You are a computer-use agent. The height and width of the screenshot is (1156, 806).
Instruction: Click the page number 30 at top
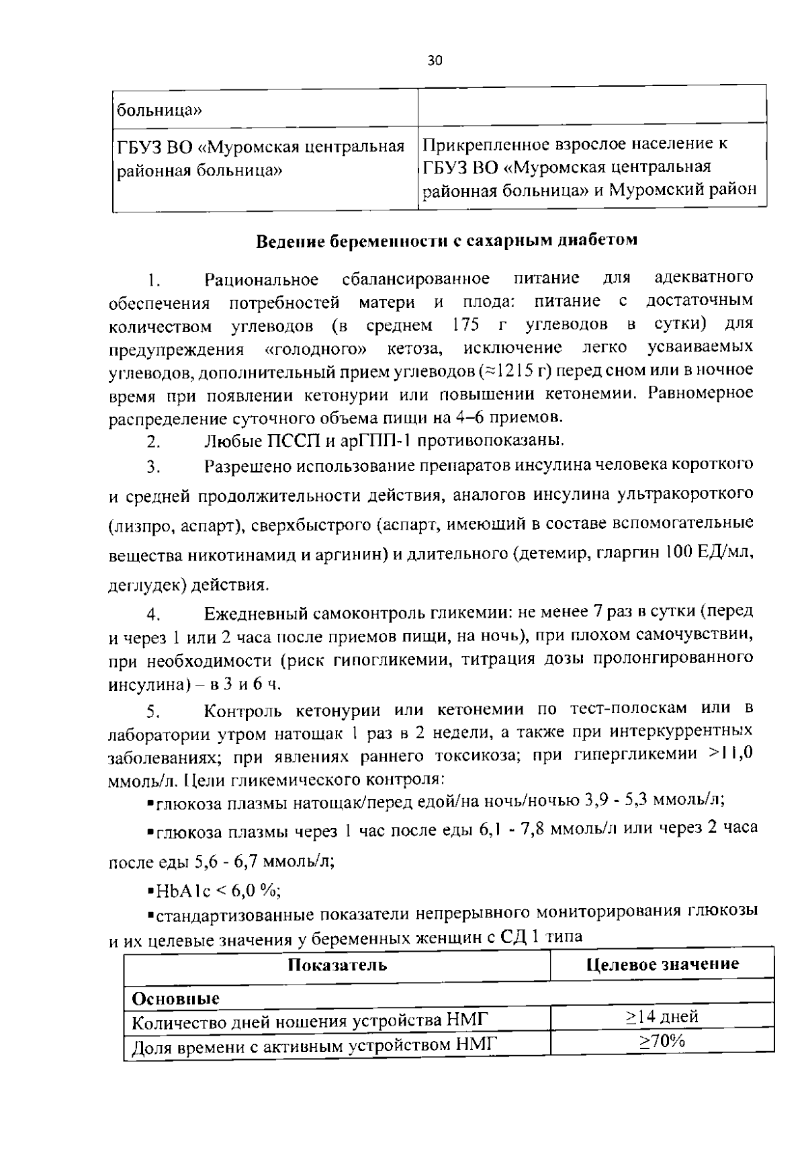pyautogui.click(x=435, y=61)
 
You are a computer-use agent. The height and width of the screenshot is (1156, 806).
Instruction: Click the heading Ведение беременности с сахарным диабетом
pyautogui.click(x=447, y=241)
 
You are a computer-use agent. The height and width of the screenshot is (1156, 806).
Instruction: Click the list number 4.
pyautogui.click(x=153, y=614)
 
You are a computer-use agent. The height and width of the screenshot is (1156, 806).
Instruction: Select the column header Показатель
pyautogui.click(x=337, y=965)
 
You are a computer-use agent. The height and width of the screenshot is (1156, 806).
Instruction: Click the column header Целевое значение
pyautogui.click(x=662, y=964)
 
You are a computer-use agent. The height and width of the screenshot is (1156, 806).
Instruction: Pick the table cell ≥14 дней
pyautogui.click(x=662, y=1016)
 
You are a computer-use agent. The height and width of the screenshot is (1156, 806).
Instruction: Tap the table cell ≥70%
pyautogui.click(x=662, y=1041)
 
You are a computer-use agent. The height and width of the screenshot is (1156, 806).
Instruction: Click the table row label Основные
pyautogui.click(x=176, y=998)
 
